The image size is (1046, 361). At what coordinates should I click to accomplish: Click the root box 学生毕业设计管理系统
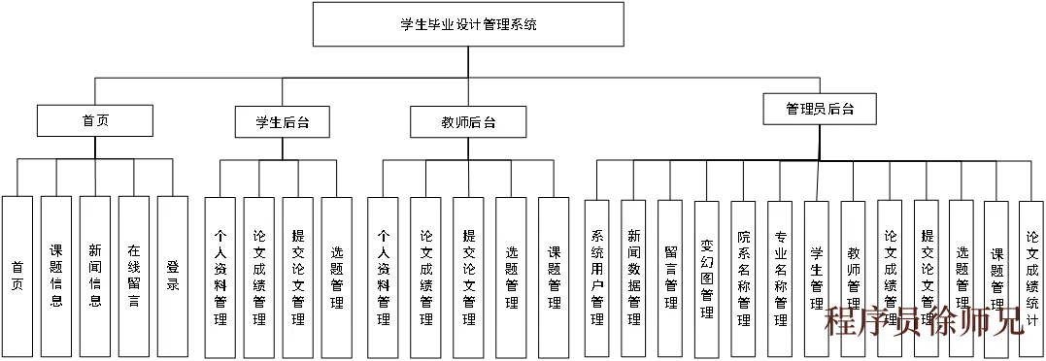tap(467, 24)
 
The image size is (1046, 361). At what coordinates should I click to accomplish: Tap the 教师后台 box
tap(467, 122)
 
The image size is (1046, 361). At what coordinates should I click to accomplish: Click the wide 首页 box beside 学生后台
tap(95, 121)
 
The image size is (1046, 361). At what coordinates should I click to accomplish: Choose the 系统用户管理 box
tap(597, 277)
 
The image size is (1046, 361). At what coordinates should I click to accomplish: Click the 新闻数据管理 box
tap(633, 277)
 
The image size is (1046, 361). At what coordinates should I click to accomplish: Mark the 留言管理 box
tap(670, 277)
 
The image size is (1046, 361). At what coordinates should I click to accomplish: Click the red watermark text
tap(924, 321)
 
